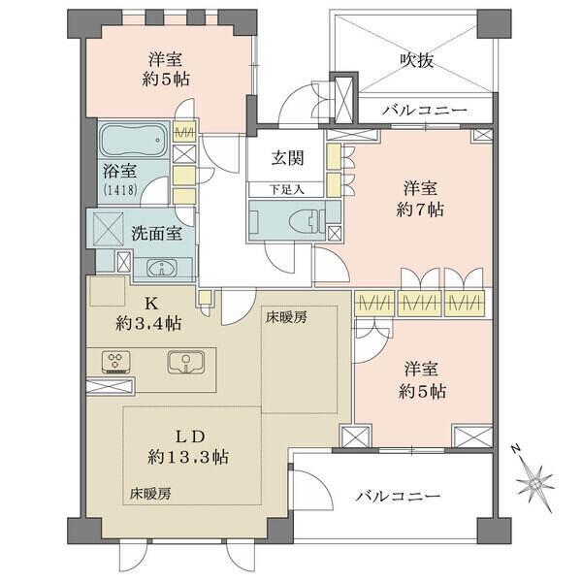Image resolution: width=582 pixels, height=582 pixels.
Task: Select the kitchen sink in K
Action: pyautogui.click(x=184, y=363)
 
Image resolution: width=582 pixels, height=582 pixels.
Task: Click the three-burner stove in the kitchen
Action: pyautogui.click(x=116, y=362)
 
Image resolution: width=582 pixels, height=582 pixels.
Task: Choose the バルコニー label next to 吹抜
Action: pyautogui.click(x=424, y=109)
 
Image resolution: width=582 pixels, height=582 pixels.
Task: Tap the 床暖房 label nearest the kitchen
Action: pyautogui.click(x=287, y=316)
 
